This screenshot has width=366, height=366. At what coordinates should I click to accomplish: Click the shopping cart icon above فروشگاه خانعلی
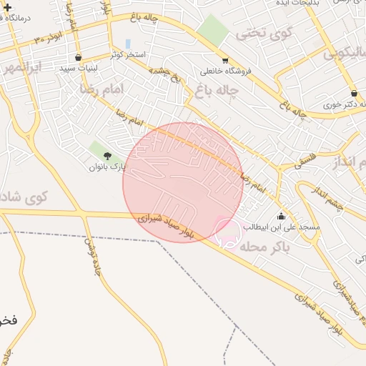pos(225,61)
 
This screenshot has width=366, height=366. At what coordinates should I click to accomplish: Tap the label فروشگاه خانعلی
pos(226,71)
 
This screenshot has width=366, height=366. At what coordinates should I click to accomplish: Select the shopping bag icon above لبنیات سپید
pos(78,57)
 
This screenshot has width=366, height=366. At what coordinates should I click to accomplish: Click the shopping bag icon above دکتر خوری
pos(355,94)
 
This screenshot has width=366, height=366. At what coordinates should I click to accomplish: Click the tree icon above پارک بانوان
pos(108,156)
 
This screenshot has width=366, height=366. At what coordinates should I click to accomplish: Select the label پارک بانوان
pos(107,167)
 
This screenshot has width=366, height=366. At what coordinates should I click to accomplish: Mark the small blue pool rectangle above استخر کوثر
pos(128,44)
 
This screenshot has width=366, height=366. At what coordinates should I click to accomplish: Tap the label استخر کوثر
pos(128,55)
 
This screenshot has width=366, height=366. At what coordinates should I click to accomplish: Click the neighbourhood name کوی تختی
pos(265,32)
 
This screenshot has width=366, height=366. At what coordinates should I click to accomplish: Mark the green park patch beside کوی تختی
pos(212,29)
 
